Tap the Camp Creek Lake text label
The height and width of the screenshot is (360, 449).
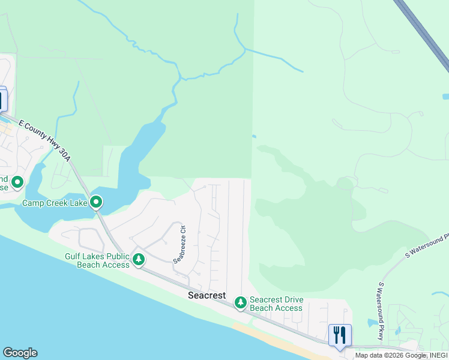(55, 203)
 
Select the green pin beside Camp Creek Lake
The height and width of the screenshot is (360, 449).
(96, 202)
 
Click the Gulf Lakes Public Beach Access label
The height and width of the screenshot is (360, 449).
(97, 260)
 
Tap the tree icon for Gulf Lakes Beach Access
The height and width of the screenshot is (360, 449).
(139, 260)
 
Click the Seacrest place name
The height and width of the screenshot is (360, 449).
(206, 295)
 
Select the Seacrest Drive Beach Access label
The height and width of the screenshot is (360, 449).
(276, 304)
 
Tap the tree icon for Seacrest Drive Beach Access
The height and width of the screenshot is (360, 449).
(241, 303)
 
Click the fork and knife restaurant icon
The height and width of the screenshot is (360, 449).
(340, 334)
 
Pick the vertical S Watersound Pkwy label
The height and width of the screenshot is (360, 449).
(381, 311)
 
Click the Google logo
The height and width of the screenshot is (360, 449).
(20, 353)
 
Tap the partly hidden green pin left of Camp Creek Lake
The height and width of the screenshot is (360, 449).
(17, 181)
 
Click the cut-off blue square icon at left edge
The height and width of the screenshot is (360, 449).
(3, 100)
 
